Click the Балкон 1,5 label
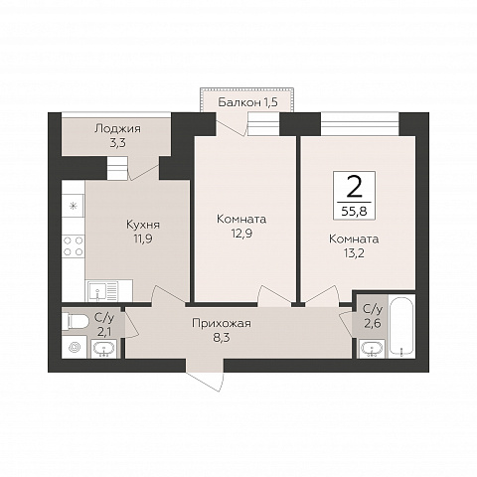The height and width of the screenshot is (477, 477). coord(247,102)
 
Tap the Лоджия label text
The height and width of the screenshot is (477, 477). coord(117,129)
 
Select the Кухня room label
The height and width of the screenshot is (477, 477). coord(143,225)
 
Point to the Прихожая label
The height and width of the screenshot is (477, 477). coord(222,323)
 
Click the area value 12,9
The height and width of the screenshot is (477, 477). coord(241,234)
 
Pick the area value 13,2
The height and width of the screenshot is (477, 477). coord(354,253)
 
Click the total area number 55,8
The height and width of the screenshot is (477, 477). coord(354,211)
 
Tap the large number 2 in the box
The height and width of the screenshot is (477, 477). coord(354,187)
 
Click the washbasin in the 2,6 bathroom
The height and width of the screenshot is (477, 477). coord(372,349)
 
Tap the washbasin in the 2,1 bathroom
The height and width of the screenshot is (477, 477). coord(104,349)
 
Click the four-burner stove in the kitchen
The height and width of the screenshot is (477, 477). coord(74,245)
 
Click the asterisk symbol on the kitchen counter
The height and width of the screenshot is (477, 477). coord(73,206)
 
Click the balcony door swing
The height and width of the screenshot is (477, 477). coord(232,124)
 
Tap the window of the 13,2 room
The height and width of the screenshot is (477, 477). coord(360,124)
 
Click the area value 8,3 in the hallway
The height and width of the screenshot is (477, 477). coord(222,338)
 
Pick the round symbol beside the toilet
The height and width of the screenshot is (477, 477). coord(75,347)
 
